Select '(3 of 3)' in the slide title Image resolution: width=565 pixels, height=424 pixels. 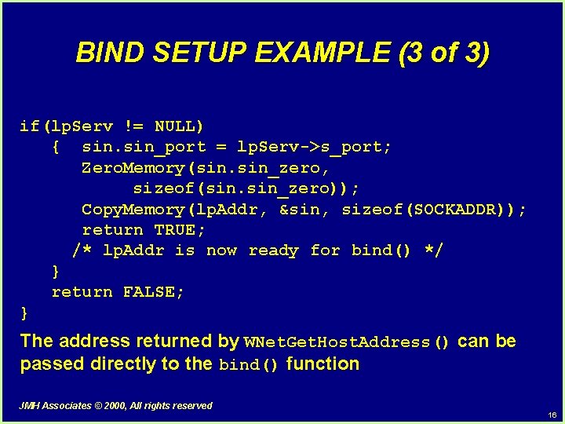(444, 53)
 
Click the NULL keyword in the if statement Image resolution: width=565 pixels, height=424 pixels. (180, 126)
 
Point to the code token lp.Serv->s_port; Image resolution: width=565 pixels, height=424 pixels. (315, 147)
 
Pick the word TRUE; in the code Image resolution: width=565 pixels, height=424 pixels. (180, 230)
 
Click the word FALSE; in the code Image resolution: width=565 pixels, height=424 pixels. (154, 292)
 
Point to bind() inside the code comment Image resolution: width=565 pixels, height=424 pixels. (381, 250)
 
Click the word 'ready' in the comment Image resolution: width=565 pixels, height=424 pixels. (273, 250)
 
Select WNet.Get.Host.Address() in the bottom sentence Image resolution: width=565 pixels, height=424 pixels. (348, 342)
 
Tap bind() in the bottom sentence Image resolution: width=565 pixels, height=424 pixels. (249, 365)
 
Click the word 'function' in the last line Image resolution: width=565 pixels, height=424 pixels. (323, 364)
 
